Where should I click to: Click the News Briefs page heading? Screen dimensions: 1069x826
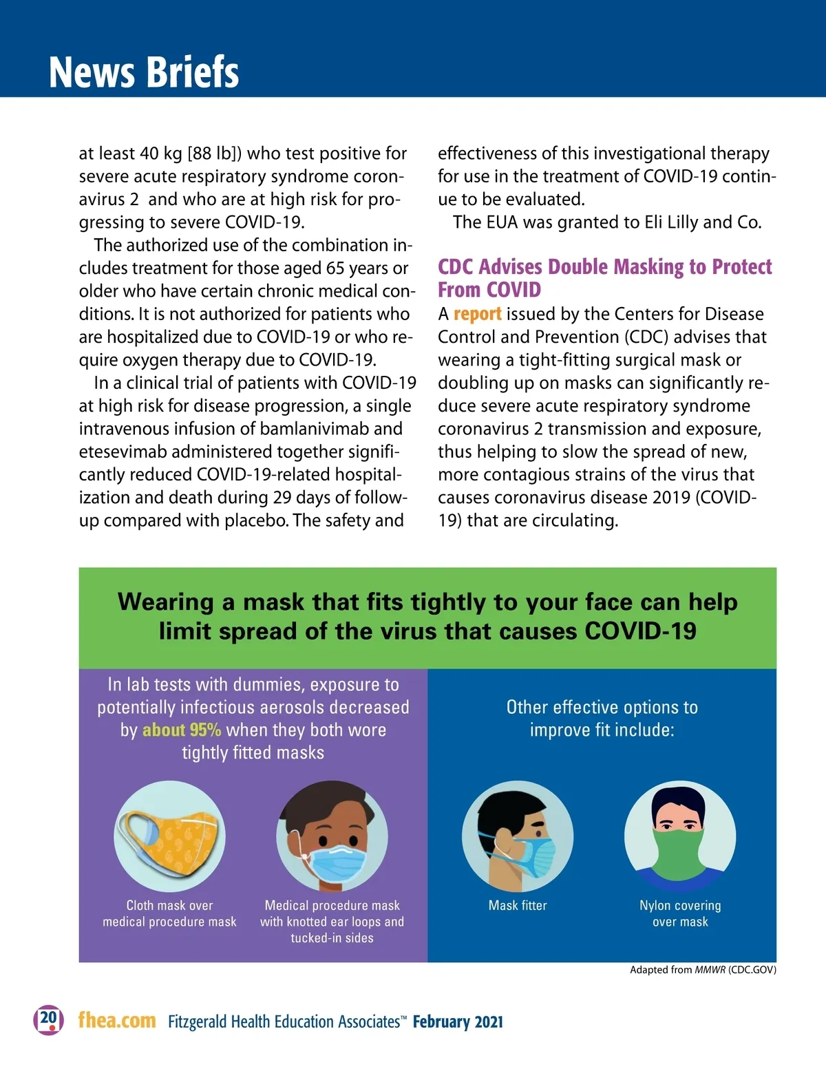tap(144, 72)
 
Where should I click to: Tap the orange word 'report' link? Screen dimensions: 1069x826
tap(477, 314)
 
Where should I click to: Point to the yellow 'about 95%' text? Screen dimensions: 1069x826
tap(182, 730)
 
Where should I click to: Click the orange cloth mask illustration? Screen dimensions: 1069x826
tap(170, 836)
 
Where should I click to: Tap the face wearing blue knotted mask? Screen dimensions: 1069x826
tap(332, 836)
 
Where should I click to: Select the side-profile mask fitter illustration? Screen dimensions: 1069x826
tap(518, 836)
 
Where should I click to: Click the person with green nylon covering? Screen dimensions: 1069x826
tap(680, 836)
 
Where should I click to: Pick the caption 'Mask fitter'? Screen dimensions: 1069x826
tap(518, 906)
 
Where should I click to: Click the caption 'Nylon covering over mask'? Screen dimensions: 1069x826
tap(680, 913)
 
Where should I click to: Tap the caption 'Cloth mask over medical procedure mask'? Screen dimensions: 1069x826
tap(169, 913)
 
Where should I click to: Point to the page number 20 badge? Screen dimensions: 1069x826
tap(48, 1019)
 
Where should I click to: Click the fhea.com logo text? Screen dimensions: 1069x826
tap(117, 1020)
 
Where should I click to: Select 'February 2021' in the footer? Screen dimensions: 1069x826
tap(458, 1022)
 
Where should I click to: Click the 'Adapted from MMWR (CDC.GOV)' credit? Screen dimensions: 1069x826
tap(703, 970)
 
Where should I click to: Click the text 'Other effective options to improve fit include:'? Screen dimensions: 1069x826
tap(602, 719)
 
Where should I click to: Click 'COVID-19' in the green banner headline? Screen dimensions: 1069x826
tap(640, 631)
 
